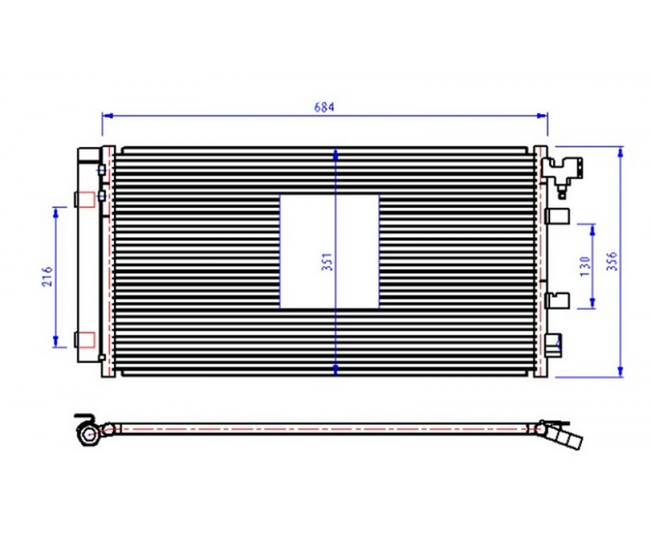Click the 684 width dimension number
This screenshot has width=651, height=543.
[x=324, y=107]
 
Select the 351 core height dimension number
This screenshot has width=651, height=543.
[x=328, y=262]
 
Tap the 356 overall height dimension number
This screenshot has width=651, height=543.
[x=612, y=261]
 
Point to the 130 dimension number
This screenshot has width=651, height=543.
[x=585, y=266]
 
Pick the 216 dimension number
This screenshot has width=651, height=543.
[x=47, y=276]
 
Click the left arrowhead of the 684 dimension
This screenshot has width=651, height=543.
[x=107, y=115]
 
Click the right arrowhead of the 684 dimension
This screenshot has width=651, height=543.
[x=542, y=115]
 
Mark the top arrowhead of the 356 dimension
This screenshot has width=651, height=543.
[x=620, y=153]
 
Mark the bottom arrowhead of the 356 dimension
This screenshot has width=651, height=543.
[x=620, y=371]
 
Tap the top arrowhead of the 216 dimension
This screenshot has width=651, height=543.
[x=56, y=212]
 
